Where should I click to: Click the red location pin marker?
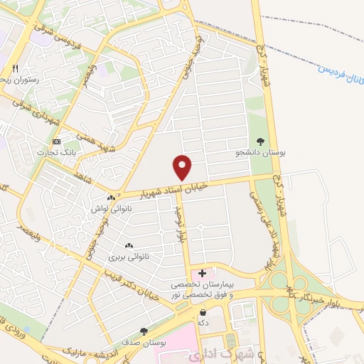click(x=183, y=166)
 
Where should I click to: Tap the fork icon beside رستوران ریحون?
click(x=15, y=69)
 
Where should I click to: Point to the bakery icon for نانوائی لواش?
click(x=110, y=198)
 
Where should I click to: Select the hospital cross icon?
click(x=202, y=272)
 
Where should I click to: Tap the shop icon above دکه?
click(x=203, y=311)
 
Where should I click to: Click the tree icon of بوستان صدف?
click(x=144, y=331)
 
